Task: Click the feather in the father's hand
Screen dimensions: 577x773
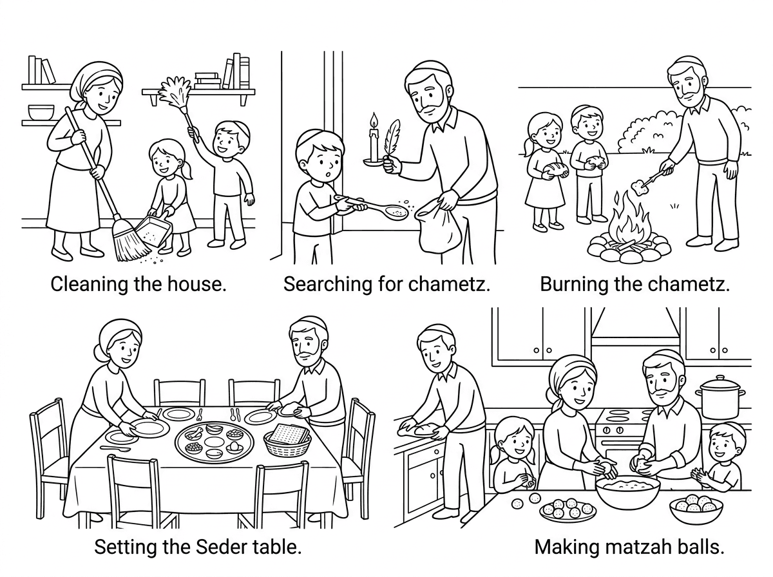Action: click(x=390, y=138)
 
